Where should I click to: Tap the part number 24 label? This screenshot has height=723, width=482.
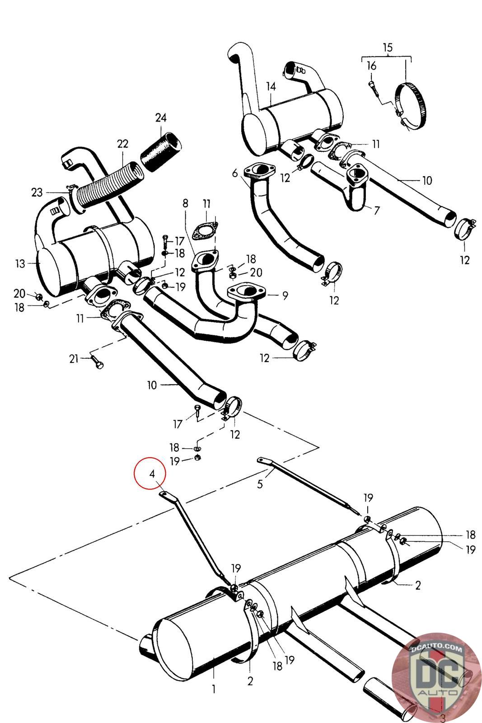tap(161, 118)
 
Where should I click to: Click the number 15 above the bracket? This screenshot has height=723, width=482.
tap(387, 47)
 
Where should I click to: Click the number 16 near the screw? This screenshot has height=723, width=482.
tap(371, 66)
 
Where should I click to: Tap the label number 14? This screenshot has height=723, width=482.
tap(271, 86)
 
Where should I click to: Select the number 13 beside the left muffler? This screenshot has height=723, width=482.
tap(20, 263)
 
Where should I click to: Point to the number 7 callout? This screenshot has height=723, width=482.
tap(377, 210)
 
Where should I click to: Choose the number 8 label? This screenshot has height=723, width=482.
tap(185, 203)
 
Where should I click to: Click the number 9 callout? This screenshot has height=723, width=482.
tap(285, 296)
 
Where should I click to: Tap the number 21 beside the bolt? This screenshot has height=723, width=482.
tap(74, 359)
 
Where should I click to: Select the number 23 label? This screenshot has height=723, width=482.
tap(37, 192)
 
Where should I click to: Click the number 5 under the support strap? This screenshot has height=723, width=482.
tap(260, 484)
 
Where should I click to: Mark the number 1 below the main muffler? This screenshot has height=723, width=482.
tap(214, 689)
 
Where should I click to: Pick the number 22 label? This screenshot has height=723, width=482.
tap(122, 144)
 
